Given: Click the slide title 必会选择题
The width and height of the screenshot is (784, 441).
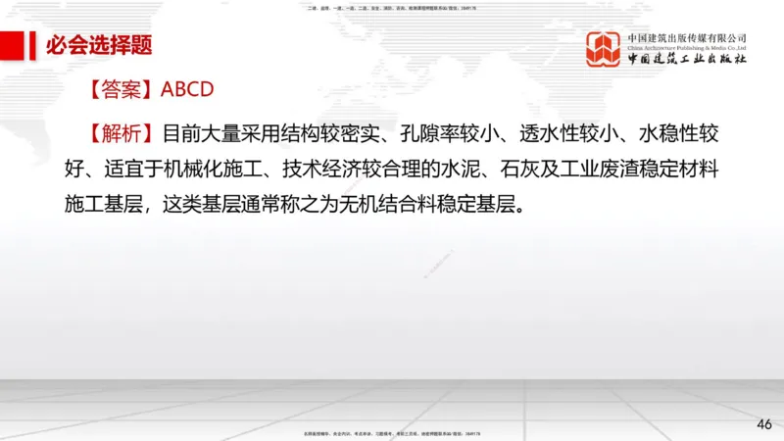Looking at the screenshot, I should coord(98,45).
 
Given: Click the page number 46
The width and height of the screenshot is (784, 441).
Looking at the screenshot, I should coord(764,423).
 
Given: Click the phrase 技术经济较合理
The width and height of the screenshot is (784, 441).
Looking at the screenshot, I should coord(368,169).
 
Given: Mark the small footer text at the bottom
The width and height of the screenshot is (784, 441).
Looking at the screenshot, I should coord(392,432).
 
